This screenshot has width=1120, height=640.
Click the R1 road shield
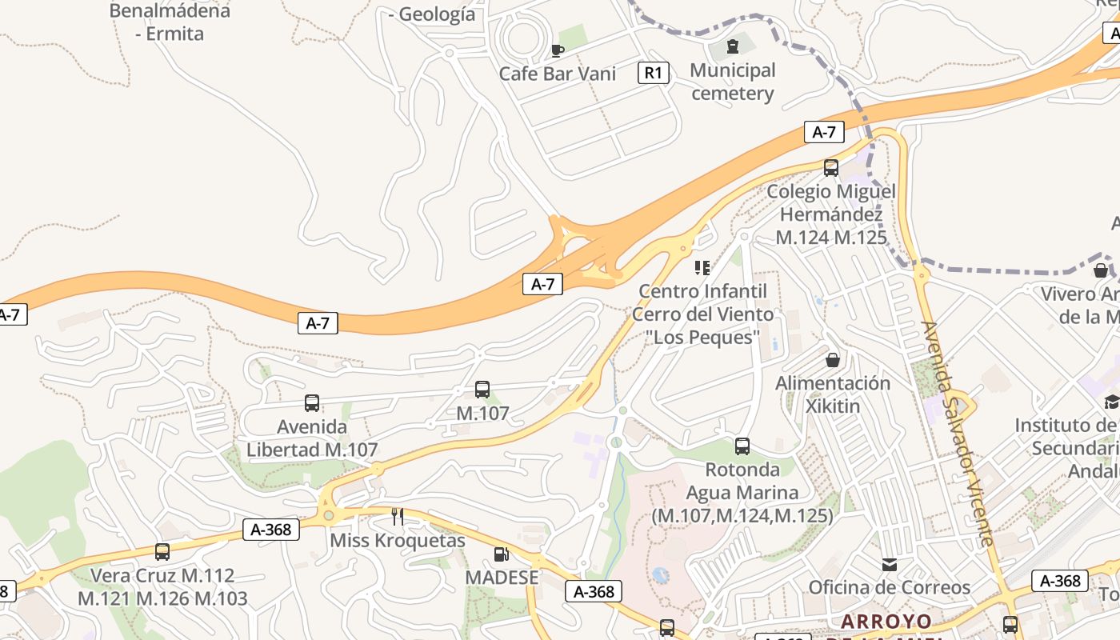pos(653,73)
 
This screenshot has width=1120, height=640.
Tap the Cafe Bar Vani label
pos(558,74)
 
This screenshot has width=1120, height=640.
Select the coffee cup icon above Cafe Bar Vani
pos(558,50)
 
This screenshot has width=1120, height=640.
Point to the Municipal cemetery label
pos(732,82)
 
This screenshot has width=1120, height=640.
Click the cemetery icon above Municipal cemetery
pos(732,46)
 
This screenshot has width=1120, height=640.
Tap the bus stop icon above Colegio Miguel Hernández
pos(831,167)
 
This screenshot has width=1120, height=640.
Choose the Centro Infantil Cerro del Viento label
pos(703,313)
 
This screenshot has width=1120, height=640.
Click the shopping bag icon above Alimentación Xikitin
pos(833,360)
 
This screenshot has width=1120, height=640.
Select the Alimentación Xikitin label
pos(833,394)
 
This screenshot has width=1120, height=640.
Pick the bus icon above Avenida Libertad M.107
pos(312,403)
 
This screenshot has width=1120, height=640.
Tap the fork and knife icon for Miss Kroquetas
pos(397,517)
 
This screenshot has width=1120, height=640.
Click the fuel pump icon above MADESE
pos(502,554)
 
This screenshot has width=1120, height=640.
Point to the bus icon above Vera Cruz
pos(162,551)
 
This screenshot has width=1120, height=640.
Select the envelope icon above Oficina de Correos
pos(889,565)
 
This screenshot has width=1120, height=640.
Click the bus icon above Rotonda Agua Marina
pos(742,446)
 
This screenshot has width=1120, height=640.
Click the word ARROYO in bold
pos(886,622)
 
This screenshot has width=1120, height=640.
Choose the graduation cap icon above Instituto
pos(1112,402)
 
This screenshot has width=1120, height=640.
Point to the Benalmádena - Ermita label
pos(170,22)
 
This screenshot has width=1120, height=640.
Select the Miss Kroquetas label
pos(398,541)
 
